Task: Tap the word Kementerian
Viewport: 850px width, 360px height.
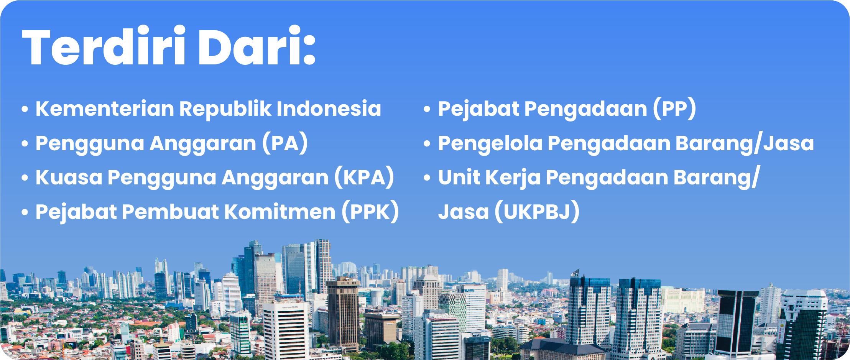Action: [x=105, y=109]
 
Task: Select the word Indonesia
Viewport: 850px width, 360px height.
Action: [x=329, y=109]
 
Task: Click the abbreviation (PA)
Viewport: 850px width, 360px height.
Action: [x=285, y=143]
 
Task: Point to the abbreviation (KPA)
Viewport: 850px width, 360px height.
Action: [x=364, y=178]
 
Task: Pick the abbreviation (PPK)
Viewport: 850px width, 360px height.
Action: [x=370, y=212]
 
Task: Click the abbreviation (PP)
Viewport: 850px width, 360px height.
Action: [x=674, y=109]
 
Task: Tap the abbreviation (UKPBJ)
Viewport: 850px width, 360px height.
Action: [x=537, y=212]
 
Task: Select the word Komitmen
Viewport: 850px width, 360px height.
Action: [x=280, y=212]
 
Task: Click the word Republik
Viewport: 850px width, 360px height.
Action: [x=225, y=110]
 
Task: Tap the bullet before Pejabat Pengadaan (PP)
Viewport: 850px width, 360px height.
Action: [x=427, y=110]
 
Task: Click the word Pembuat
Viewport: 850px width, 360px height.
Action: [x=171, y=212]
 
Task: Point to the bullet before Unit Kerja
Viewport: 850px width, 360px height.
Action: [x=427, y=178]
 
